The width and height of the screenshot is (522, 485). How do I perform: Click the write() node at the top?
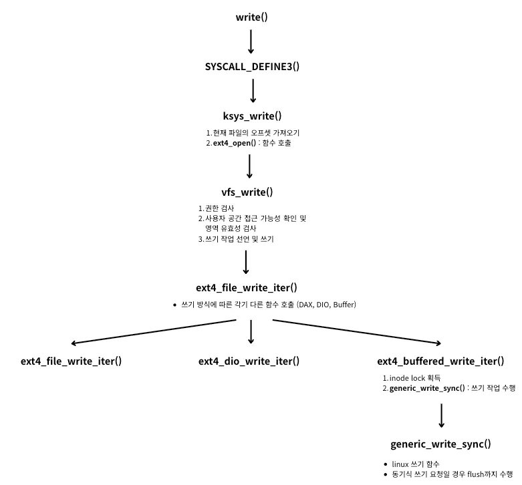pyautogui.click(x=251, y=17)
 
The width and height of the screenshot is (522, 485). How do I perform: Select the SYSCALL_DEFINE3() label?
pyautogui.click(x=251, y=67)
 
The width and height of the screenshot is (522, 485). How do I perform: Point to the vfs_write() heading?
pyautogui.click(x=247, y=192)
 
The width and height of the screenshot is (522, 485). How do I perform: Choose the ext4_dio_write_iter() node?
pyautogui.click(x=249, y=361)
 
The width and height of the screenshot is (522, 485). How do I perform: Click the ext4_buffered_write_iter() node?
pyautogui.click(x=440, y=361)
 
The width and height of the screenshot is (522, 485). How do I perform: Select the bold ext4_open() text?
pyautogui.click(x=231, y=143)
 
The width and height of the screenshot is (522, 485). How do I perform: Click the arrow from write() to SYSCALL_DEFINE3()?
pyautogui.click(x=251, y=41)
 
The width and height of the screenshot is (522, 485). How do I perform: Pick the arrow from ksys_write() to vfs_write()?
pyautogui.click(x=249, y=167)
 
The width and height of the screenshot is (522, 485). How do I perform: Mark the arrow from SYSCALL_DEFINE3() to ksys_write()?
pyautogui.click(x=253, y=92)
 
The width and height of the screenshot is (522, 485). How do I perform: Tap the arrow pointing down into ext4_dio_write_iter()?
pyautogui.click(x=251, y=331)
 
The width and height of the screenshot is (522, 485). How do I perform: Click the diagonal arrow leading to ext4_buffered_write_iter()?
pyautogui.click(x=354, y=332)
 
